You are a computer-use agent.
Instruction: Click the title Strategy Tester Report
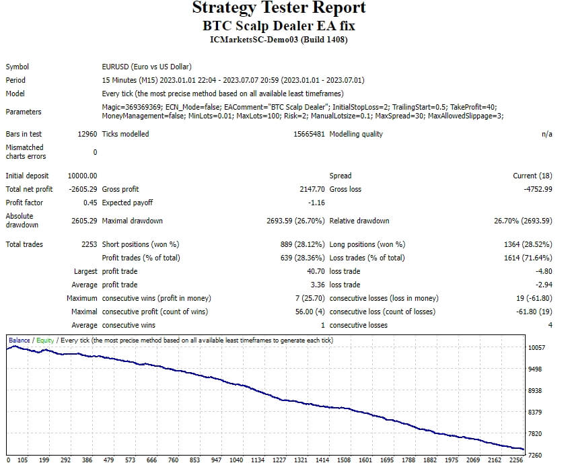tap(279, 8)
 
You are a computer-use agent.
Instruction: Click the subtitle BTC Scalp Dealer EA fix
tap(279, 26)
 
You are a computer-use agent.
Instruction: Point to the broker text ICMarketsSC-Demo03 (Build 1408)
tap(279, 40)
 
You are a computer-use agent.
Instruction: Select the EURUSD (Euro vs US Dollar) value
tap(147, 67)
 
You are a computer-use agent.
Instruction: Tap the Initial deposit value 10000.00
tap(83, 176)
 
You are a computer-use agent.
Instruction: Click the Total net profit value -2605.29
tap(83, 189)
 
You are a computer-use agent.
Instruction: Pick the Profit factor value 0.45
tap(90, 203)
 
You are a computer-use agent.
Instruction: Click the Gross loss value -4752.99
tap(538, 189)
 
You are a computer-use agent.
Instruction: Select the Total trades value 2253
tap(89, 244)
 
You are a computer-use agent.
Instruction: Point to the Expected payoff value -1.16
tap(316, 203)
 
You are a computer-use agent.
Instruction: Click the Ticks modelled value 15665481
tap(310, 134)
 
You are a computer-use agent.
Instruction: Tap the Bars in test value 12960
tap(87, 134)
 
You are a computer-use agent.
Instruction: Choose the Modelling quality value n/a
tap(546, 134)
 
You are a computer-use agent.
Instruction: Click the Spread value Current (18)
tap(532, 176)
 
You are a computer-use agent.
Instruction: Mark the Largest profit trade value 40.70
tap(316, 271)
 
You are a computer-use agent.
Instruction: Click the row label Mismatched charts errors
tap(24, 151)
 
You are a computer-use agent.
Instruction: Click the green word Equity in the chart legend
tap(45, 340)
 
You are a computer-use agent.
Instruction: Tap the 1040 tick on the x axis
tap(236, 460)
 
